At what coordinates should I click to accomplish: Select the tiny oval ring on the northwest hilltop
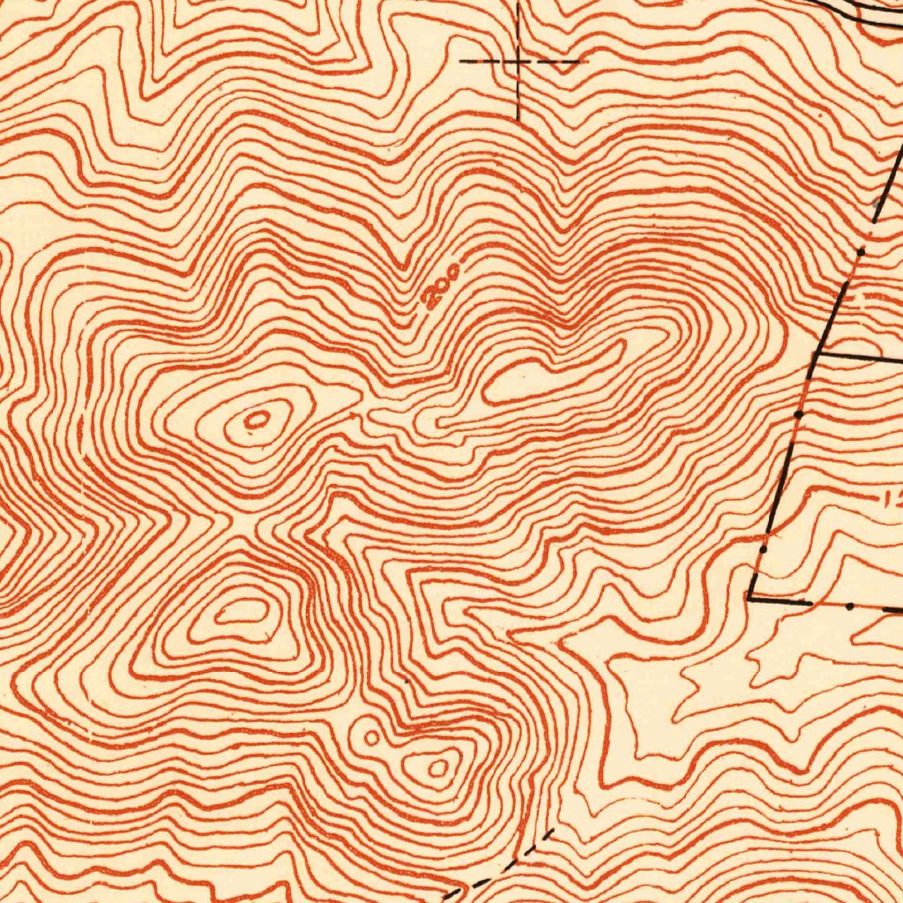257,420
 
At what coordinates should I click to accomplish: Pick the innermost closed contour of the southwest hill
242,610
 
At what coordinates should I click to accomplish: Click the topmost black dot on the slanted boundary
862,251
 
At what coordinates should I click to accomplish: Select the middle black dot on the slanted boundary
798,413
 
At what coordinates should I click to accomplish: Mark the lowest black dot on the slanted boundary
764,549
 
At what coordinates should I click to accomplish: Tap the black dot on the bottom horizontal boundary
849,607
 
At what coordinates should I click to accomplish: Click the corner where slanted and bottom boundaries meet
750,599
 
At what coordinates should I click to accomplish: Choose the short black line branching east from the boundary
851,356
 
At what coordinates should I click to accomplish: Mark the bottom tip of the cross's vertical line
519,118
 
